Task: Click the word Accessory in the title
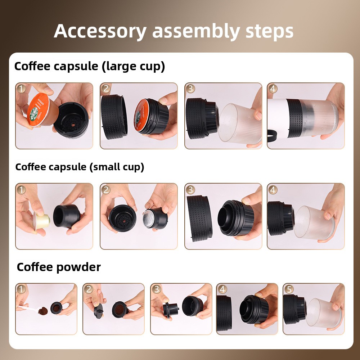point(100,31)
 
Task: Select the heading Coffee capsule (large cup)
point(90,67)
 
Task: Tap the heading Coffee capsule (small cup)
point(80,167)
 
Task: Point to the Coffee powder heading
point(59,267)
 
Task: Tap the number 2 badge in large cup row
point(105,89)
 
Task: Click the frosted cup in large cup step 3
point(240,123)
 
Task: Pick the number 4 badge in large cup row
point(273,89)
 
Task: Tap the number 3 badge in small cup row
point(190,190)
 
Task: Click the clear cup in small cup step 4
point(314,223)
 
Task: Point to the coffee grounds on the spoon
point(43,311)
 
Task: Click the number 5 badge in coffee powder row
point(289,289)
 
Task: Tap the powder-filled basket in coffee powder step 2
point(120,310)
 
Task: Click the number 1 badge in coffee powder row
point(21,289)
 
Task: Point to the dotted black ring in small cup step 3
point(199,219)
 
